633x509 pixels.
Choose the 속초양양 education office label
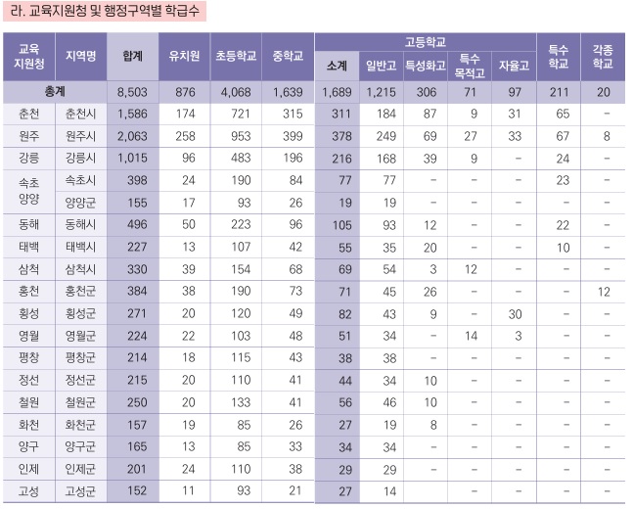(28, 191)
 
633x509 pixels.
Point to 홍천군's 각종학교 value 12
(604, 291)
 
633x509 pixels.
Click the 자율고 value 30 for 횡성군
(514, 313)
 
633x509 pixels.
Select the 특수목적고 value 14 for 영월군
(471, 336)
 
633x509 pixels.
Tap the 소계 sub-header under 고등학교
(335, 66)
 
